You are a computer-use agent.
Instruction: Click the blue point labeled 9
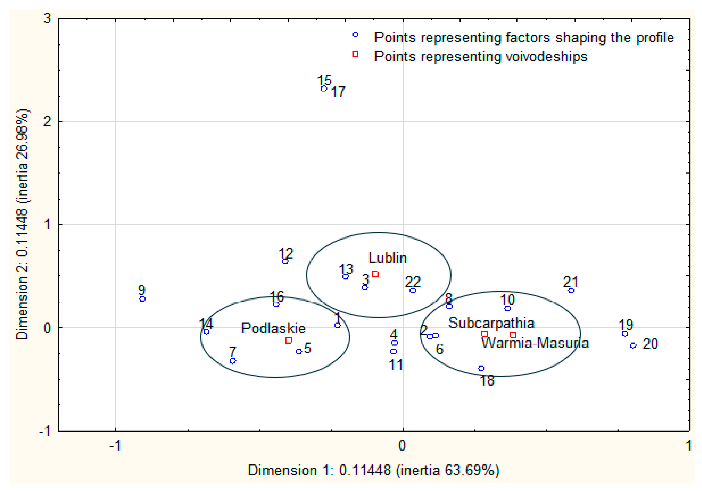[x=142, y=299]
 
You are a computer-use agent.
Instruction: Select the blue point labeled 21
[x=571, y=290]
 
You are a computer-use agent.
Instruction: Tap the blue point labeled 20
[x=633, y=345]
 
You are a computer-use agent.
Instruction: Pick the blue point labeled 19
[x=625, y=334]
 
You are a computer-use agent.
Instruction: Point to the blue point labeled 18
[x=481, y=368]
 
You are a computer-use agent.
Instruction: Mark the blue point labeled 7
[x=233, y=361]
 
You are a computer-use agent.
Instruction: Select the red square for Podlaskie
[x=289, y=340]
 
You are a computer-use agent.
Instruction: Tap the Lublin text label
[x=387, y=258]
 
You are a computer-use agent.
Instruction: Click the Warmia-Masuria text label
[x=535, y=343]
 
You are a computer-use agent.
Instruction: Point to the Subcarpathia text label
[x=491, y=323]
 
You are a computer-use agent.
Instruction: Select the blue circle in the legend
[x=355, y=35]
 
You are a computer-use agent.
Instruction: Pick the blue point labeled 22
[x=413, y=290]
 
